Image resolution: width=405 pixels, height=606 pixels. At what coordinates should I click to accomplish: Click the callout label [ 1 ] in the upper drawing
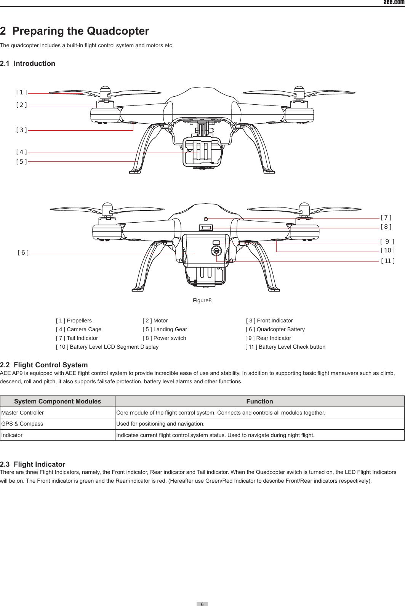coord(21,92)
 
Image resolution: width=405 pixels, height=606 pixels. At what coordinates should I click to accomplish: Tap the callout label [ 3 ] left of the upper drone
coord(21,130)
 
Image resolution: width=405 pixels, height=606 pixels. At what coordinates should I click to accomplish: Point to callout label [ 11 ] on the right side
coord(387,261)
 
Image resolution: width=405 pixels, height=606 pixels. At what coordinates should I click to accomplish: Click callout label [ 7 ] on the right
coord(386,218)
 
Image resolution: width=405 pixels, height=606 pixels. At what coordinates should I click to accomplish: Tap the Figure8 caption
coord(202,301)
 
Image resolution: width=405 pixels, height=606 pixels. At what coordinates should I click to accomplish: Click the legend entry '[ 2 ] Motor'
coord(155,321)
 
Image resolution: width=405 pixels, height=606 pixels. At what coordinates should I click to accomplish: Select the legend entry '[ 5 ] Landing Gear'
coord(165,329)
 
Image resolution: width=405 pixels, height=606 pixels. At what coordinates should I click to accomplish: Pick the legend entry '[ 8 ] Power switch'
coord(164,338)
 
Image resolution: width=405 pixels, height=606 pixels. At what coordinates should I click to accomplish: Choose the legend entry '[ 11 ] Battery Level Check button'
coord(285,347)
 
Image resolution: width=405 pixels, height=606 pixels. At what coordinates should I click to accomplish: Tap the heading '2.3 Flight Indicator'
coord(33,464)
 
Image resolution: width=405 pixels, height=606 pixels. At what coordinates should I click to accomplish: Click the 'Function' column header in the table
coord(259,401)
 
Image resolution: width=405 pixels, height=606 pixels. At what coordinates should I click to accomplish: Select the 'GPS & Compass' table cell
coord(22,424)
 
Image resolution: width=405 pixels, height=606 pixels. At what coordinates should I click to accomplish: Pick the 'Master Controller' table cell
coord(22,413)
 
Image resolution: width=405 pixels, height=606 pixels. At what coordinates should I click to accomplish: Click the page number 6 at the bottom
coord(202,604)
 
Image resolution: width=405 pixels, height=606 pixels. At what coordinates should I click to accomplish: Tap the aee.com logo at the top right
coord(394,2)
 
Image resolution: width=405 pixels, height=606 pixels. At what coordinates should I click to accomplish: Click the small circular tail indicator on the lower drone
coord(206,219)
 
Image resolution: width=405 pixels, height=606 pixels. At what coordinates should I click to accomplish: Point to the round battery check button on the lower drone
coord(216,251)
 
